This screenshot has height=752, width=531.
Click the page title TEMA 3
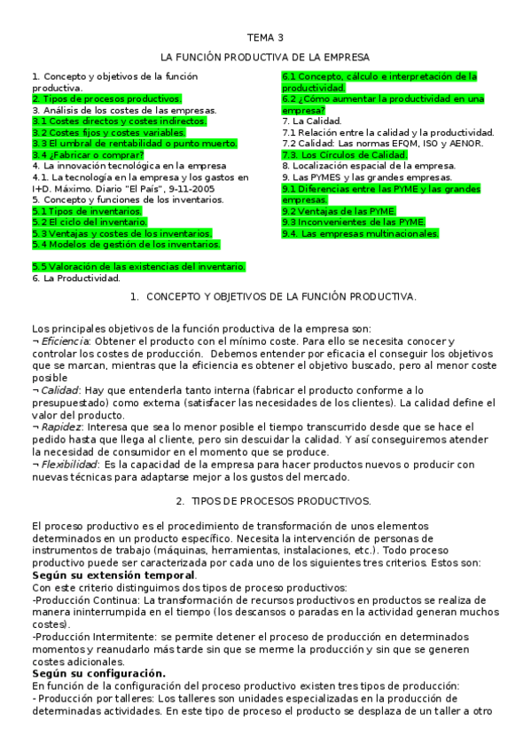(x=265, y=38)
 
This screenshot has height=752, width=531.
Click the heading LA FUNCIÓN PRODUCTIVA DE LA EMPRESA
(x=265, y=58)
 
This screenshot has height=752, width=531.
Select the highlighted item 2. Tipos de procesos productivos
(x=107, y=98)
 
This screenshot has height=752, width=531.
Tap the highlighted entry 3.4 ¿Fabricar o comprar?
(x=88, y=154)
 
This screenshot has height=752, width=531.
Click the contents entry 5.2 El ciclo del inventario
(x=90, y=222)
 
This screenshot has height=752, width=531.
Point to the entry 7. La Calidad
(x=312, y=121)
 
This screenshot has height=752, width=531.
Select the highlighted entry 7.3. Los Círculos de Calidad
(x=345, y=154)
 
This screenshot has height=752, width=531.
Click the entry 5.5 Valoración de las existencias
(x=138, y=267)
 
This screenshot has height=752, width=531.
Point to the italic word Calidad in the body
(x=60, y=389)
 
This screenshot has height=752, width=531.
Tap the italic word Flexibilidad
(x=69, y=464)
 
